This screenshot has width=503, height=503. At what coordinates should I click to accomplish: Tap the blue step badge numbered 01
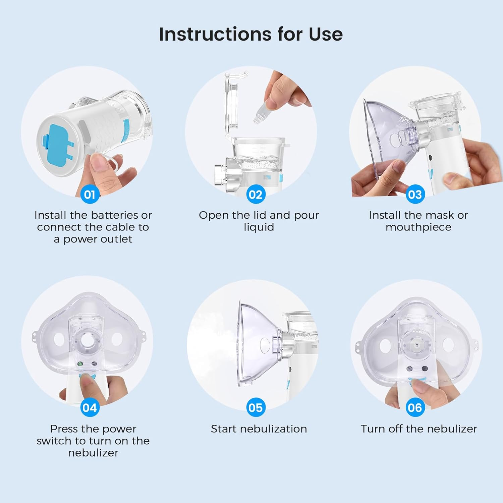(x=90, y=194)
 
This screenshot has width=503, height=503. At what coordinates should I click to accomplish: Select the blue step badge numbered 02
(x=256, y=194)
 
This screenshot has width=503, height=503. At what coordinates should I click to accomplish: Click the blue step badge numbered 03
(x=415, y=194)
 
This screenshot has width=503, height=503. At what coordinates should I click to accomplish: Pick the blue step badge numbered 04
(x=90, y=408)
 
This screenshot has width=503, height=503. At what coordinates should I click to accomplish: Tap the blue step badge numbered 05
(x=256, y=408)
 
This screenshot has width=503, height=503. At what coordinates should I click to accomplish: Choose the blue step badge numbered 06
(x=415, y=408)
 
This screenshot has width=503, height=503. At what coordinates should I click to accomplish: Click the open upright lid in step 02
(x=231, y=104)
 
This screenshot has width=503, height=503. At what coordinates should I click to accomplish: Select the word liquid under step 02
(x=259, y=227)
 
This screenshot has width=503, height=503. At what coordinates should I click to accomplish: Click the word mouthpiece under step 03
(x=418, y=227)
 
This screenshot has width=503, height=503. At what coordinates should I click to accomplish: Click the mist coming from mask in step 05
(x=215, y=345)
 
